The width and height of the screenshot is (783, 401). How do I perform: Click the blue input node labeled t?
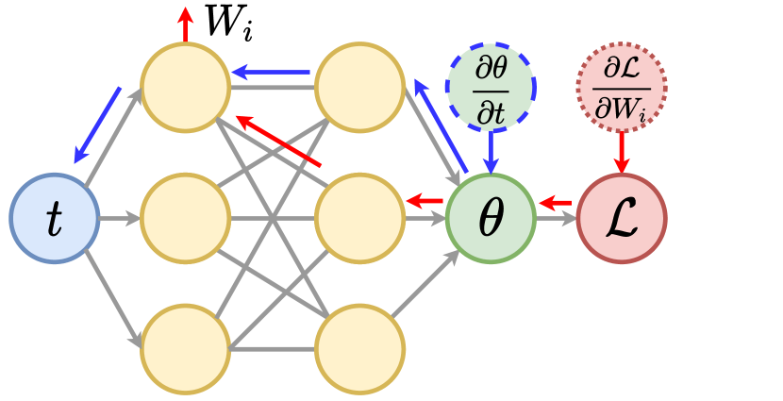coord(55,218)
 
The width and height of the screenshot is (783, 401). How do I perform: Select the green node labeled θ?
coord(491,218)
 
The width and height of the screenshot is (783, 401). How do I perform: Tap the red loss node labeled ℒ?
coord(621,218)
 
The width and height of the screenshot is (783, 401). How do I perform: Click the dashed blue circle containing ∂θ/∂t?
coord(491,87)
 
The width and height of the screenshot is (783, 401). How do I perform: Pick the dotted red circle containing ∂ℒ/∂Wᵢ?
coord(621,87)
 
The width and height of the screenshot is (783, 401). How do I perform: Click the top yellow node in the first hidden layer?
coord(185,87)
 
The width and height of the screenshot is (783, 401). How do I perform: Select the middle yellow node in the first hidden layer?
coord(185,218)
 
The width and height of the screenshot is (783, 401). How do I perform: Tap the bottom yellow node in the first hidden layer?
coord(185,349)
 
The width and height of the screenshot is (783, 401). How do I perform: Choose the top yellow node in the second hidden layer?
coord(359,87)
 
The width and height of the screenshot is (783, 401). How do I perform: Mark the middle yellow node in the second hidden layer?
coord(359,218)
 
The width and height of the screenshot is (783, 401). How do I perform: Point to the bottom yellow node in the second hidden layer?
coord(359,349)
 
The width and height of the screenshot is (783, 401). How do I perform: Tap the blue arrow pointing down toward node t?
coord(97,124)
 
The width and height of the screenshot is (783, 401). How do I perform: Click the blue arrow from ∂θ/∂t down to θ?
coord(491,153)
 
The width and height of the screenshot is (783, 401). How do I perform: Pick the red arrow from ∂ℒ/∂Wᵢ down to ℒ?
coord(621,153)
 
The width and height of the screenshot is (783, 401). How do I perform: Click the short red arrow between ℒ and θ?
coord(555,202)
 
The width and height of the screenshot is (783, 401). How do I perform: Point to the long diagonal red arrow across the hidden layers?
coord(278,141)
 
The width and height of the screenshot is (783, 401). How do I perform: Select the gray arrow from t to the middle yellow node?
coord(119,219)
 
